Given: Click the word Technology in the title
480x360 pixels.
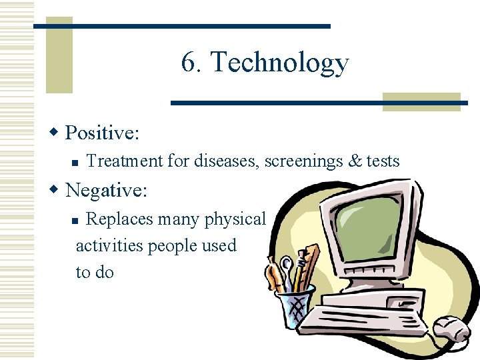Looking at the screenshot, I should (279, 63).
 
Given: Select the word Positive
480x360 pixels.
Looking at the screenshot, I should (101, 133).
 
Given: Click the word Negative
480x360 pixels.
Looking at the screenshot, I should (105, 191).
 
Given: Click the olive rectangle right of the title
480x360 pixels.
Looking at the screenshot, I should (421, 101).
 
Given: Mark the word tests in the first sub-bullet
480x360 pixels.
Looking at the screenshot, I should (383, 161).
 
